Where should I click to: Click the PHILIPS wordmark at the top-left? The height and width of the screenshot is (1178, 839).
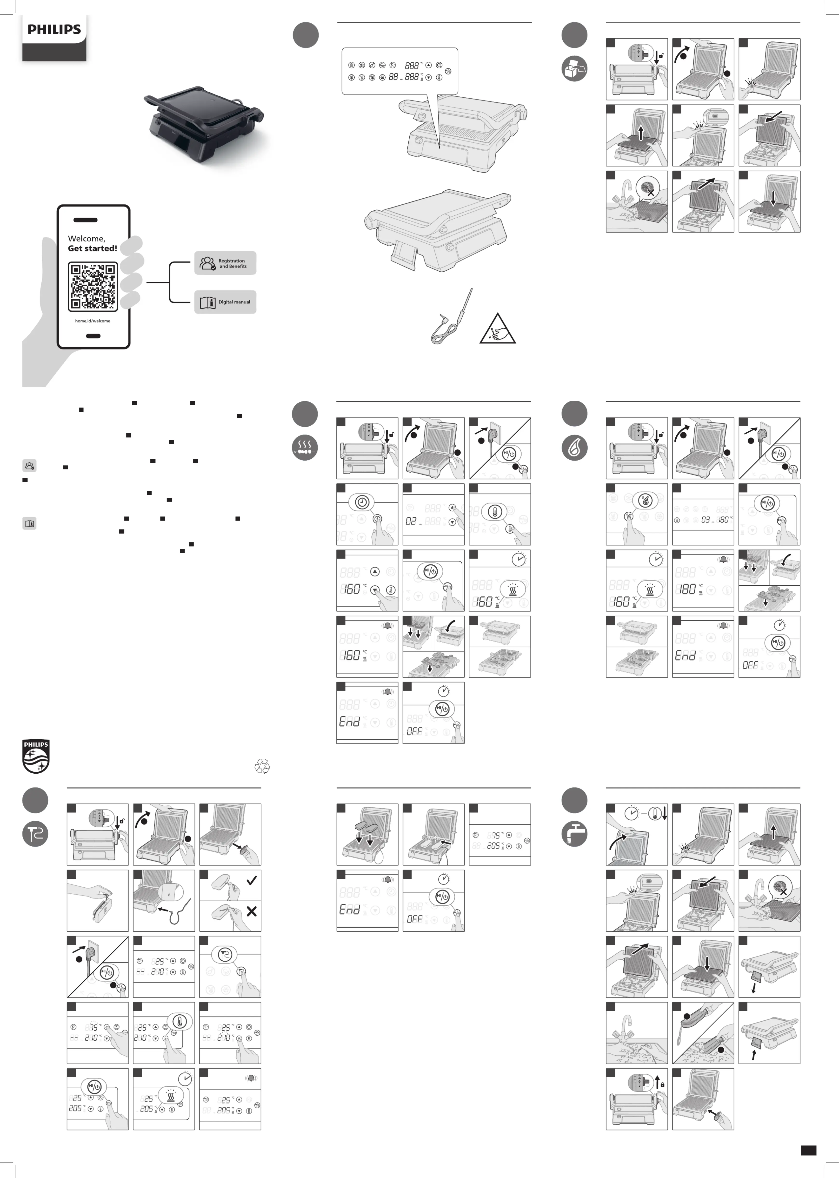pyautogui.click(x=54, y=29)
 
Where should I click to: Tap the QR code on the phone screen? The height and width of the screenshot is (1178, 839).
pyautogui.click(x=93, y=286)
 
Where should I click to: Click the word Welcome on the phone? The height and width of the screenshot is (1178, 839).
pyautogui.click(x=86, y=238)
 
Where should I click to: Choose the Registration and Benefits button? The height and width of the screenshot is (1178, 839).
pyautogui.click(x=225, y=263)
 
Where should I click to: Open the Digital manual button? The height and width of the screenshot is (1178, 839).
pyautogui.click(x=225, y=302)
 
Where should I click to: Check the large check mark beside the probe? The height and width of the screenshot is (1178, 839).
pyautogui.click(x=252, y=880)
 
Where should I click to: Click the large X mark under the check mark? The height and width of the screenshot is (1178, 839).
pyautogui.click(x=252, y=911)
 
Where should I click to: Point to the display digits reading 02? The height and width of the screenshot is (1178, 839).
pyautogui.click(x=411, y=522)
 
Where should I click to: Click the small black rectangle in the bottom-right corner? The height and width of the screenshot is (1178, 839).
pyautogui.click(x=808, y=1150)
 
